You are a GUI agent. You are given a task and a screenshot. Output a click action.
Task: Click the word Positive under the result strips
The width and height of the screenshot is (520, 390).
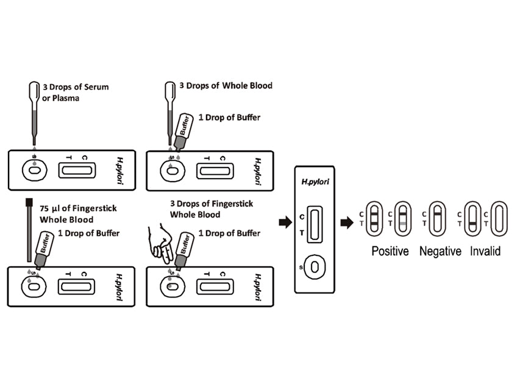pos(390,250)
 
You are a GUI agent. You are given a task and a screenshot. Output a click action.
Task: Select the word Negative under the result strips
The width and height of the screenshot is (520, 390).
pos(440,250)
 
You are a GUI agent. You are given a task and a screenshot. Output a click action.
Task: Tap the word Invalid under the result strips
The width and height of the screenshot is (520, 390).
pos(485,250)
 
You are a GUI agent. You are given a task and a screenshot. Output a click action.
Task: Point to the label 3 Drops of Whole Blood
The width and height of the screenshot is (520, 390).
pos(230,85)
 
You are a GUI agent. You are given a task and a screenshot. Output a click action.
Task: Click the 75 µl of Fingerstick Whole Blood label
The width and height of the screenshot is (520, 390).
pos(78,214)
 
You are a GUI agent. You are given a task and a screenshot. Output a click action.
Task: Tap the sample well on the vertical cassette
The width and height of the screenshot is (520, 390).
pos(315,266)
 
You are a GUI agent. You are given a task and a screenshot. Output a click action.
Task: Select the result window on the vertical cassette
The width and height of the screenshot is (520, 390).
pos(315,224)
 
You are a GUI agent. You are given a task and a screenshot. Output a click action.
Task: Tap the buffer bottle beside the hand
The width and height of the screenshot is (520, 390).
pos(183,249)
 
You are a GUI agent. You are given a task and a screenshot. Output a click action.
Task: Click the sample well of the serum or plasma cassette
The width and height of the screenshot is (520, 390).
pos(34,172)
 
